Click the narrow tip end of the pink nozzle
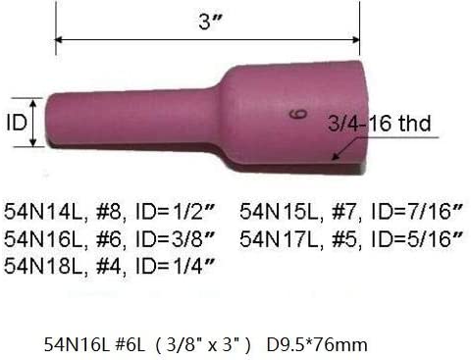(x=51, y=122)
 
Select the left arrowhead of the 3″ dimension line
(x=57, y=40)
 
